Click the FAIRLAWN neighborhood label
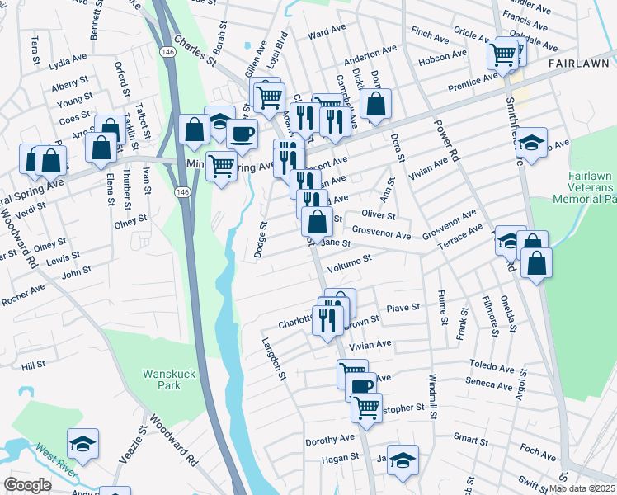(x=577, y=63)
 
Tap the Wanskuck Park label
(x=169, y=379)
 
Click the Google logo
(x=27, y=485)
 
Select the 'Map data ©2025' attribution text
(x=582, y=488)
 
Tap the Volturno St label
(x=350, y=261)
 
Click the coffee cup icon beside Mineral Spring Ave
(x=242, y=133)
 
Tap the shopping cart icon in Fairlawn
(x=502, y=54)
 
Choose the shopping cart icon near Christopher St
(x=367, y=406)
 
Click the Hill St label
(x=33, y=365)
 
